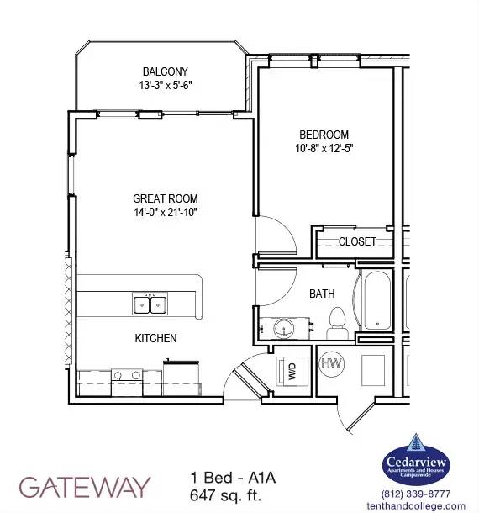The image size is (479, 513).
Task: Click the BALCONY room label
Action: [x=165, y=71]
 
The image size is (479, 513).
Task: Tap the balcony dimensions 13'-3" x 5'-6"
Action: [x=165, y=86]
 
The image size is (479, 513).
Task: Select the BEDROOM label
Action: [x=324, y=135]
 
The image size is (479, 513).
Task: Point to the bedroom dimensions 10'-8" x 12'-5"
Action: [x=324, y=149]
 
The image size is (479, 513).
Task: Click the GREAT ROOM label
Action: [x=165, y=198]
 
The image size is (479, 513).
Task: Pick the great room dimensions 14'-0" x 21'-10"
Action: [x=165, y=212]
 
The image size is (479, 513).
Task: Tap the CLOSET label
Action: [x=357, y=241]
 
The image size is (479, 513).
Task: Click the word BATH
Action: [x=322, y=294]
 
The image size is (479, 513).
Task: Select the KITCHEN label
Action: [x=155, y=338]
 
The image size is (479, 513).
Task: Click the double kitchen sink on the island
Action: [x=150, y=304]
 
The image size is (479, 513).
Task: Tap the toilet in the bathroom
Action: [x=338, y=323]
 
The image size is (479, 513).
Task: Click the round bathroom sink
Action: [x=283, y=328]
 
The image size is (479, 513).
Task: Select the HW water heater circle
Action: [x=332, y=363]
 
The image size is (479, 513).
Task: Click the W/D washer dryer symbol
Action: [x=292, y=372]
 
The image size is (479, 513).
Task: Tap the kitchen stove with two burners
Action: [x=127, y=382]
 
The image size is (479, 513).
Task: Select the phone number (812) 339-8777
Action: [x=416, y=494]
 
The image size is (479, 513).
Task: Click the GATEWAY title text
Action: [x=85, y=487]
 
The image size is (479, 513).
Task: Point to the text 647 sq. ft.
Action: [x=225, y=495]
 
